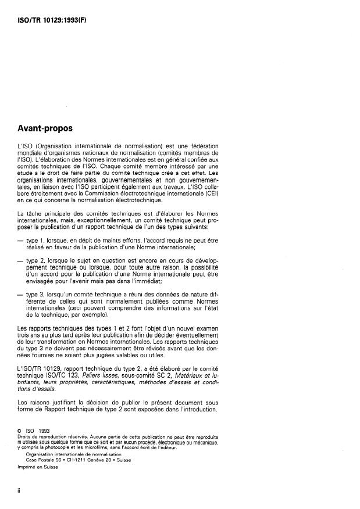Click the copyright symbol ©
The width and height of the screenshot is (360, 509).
(21, 431)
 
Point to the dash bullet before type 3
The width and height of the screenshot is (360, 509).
(22, 296)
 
